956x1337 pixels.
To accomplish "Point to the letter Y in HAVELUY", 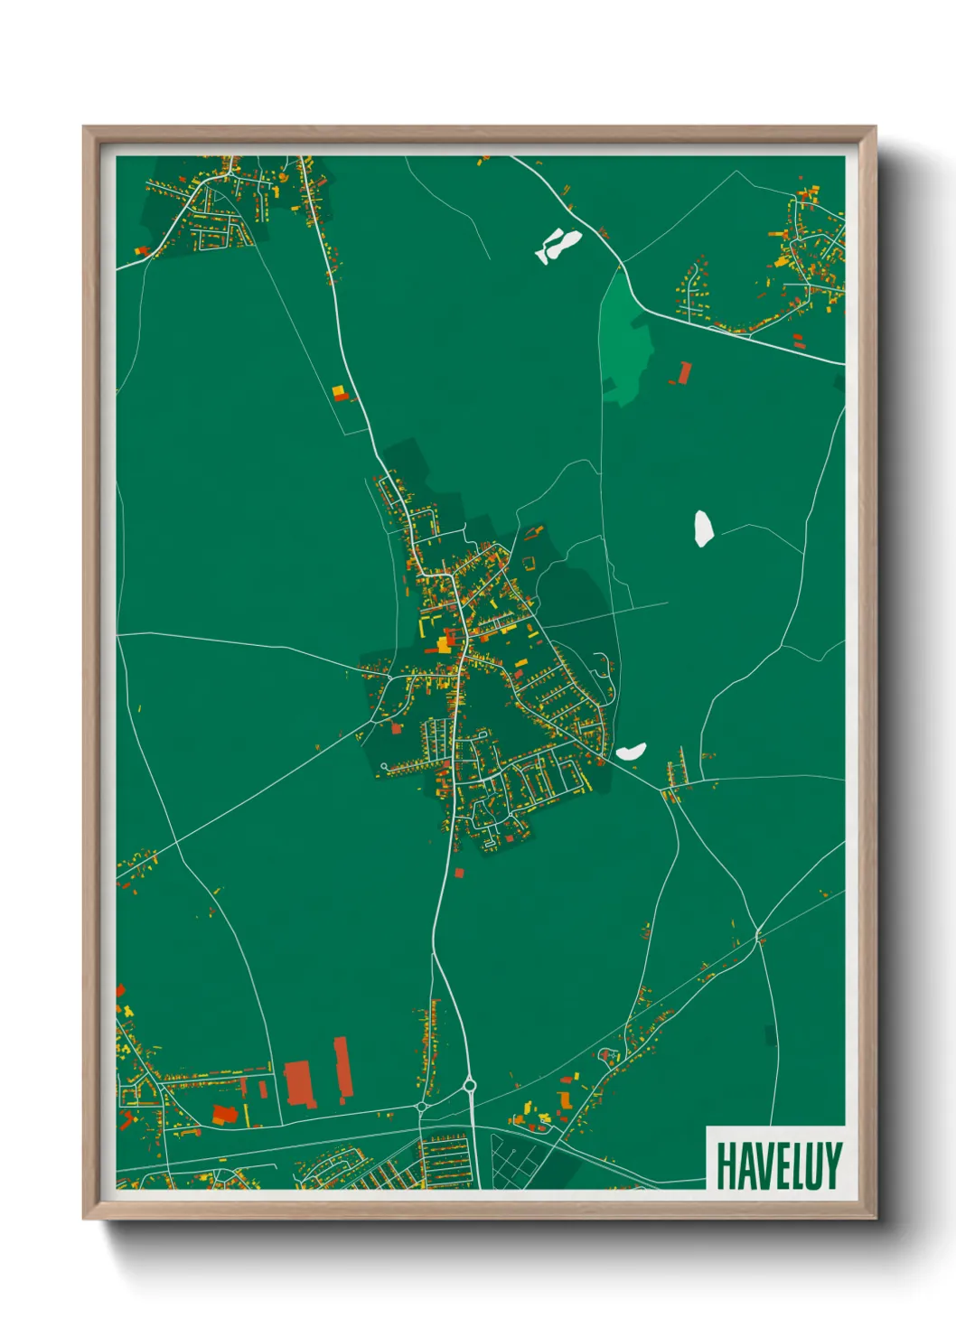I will (833, 1165).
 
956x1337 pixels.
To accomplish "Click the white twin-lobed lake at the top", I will (559, 245).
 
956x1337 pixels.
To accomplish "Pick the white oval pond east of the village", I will (703, 528).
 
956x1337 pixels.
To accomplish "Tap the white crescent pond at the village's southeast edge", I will (631, 751).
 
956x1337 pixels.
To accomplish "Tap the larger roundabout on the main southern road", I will (469, 1084).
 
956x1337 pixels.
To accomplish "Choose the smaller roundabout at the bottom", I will (421, 1106).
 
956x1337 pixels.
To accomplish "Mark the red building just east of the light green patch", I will (684, 372).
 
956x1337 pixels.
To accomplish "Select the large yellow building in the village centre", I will (445, 643).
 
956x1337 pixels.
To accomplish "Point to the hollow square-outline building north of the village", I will (528, 564).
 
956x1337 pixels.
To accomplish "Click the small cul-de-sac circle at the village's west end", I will (385, 767).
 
